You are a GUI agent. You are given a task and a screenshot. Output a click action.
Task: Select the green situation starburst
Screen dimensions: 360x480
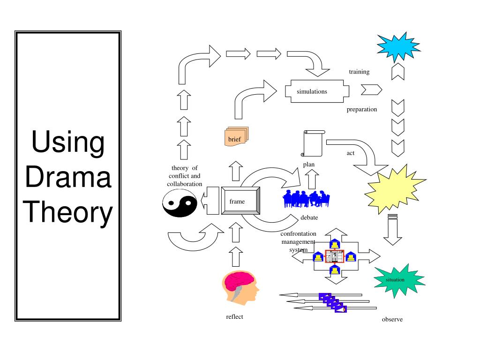[x=398, y=280]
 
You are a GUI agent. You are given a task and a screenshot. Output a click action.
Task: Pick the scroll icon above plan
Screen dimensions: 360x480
[x=313, y=143]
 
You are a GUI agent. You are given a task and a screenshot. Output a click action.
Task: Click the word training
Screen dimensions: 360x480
[x=359, y=72]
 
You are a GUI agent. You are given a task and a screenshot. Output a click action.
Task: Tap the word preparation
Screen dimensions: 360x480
[x=362, y=109]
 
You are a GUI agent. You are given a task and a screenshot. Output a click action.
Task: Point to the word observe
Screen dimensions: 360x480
[x=392, y=320]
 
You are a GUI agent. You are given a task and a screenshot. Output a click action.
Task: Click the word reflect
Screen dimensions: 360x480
[x=234, y=317]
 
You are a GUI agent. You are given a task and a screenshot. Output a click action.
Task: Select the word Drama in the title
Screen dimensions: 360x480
[x=68, y=177]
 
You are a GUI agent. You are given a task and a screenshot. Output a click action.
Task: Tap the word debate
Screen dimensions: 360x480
[x=309, y=217]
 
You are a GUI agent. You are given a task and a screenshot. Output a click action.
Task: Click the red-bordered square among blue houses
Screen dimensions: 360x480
[x=334, y=256]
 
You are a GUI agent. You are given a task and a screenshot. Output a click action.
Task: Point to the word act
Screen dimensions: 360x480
[x=351, y=153]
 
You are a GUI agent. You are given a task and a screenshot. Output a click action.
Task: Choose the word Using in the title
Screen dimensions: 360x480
[x=68, y=142]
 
